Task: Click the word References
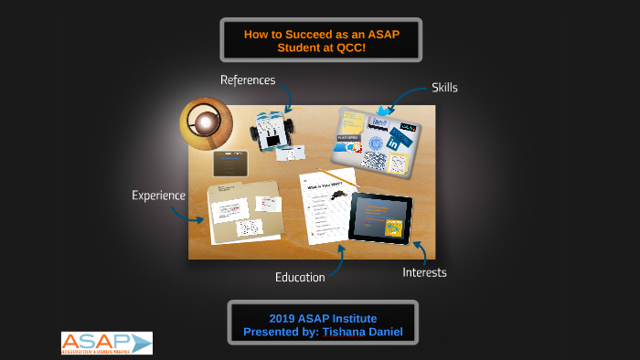247,80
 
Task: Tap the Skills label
444,88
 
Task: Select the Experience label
158,195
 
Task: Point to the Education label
300,277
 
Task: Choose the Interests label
424,272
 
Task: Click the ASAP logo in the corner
106,343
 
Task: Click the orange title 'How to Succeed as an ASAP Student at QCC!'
320,40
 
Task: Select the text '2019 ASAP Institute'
320,318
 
